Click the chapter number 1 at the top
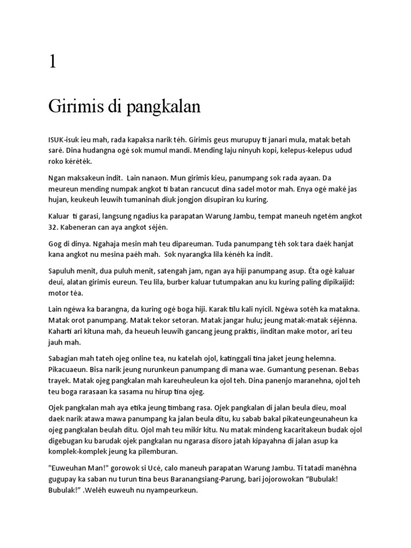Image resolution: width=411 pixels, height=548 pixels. pyautogui.click(x=52, y=62)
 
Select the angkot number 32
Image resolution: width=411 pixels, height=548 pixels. pyautogui.click(x=54, y=226)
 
